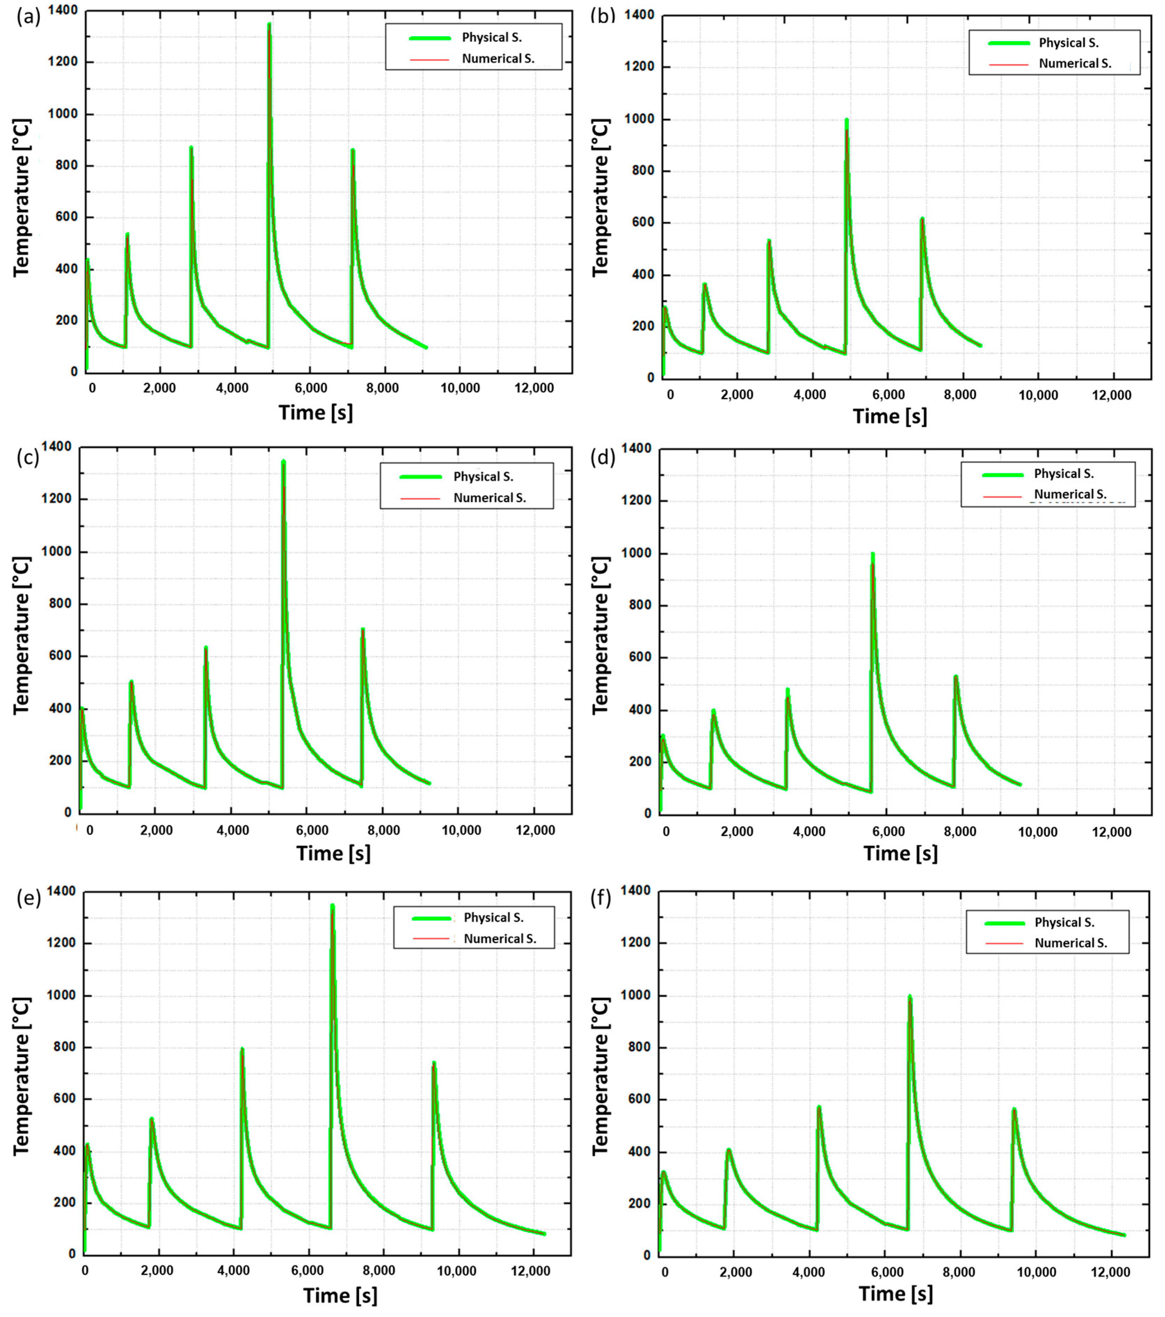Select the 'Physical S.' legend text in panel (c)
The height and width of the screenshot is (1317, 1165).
pos(483,477)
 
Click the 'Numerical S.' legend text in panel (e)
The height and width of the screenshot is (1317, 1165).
pos(500,939)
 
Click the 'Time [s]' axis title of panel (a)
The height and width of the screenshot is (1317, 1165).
pos(315,412)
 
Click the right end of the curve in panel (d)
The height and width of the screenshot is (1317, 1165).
pos(1020,785)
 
